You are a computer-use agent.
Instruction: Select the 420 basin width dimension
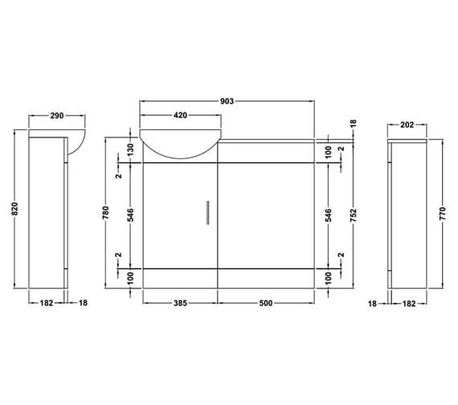[x=181, y=115]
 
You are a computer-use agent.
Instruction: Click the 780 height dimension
[x=108, y=213]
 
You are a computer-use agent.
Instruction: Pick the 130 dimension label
[x=130, y=149]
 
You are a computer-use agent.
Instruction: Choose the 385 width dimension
[x=180, y=303]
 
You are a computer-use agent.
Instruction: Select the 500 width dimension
[x=266, y=303]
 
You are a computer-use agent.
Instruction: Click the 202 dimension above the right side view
[x=407, y=125]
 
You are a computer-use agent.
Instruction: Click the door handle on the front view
[x=207, y=213]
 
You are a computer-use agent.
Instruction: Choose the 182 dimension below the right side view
[x=410, y=303]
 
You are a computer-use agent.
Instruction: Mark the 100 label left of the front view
[x=130, y=277]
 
